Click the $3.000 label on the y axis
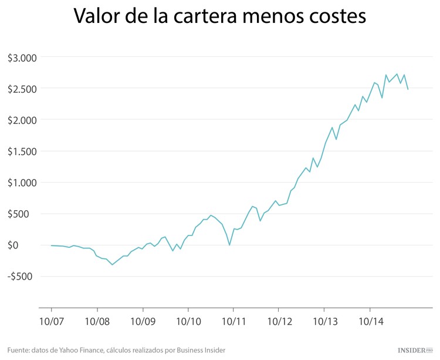pyautogui.click(x=22, y=58)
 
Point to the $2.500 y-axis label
pyautogui.click(x=22, y=89)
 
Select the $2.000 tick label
pyautogui.click(x=22, y=120)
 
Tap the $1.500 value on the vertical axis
pyautogui.click(x=22, y=152)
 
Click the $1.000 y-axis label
pyautogui.click(x=22, y=183)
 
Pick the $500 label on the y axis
pyautogui.click(x=25, y=214)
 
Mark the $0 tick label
pyautogui.click(x=30, y=245)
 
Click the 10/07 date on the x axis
pyautogui.click(x=52, y=321)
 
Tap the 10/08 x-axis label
pyautogui.click(x=97, y=321)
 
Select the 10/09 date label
pyautogui.click(x=143, y=321)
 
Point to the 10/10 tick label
pyautogui.click(x=188, y=321)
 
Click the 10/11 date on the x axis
pyautogui.click(x=233, y=321)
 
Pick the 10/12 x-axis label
pyautogui.click(x=279, y=321)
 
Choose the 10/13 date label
pyautogui.click(x=324, y=321)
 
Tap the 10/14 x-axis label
pyautogui.click(x=370, y=321)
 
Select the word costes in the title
pyautogui.click(x=333, y=17)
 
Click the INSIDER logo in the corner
pyautogui.click(x=414, y=351)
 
